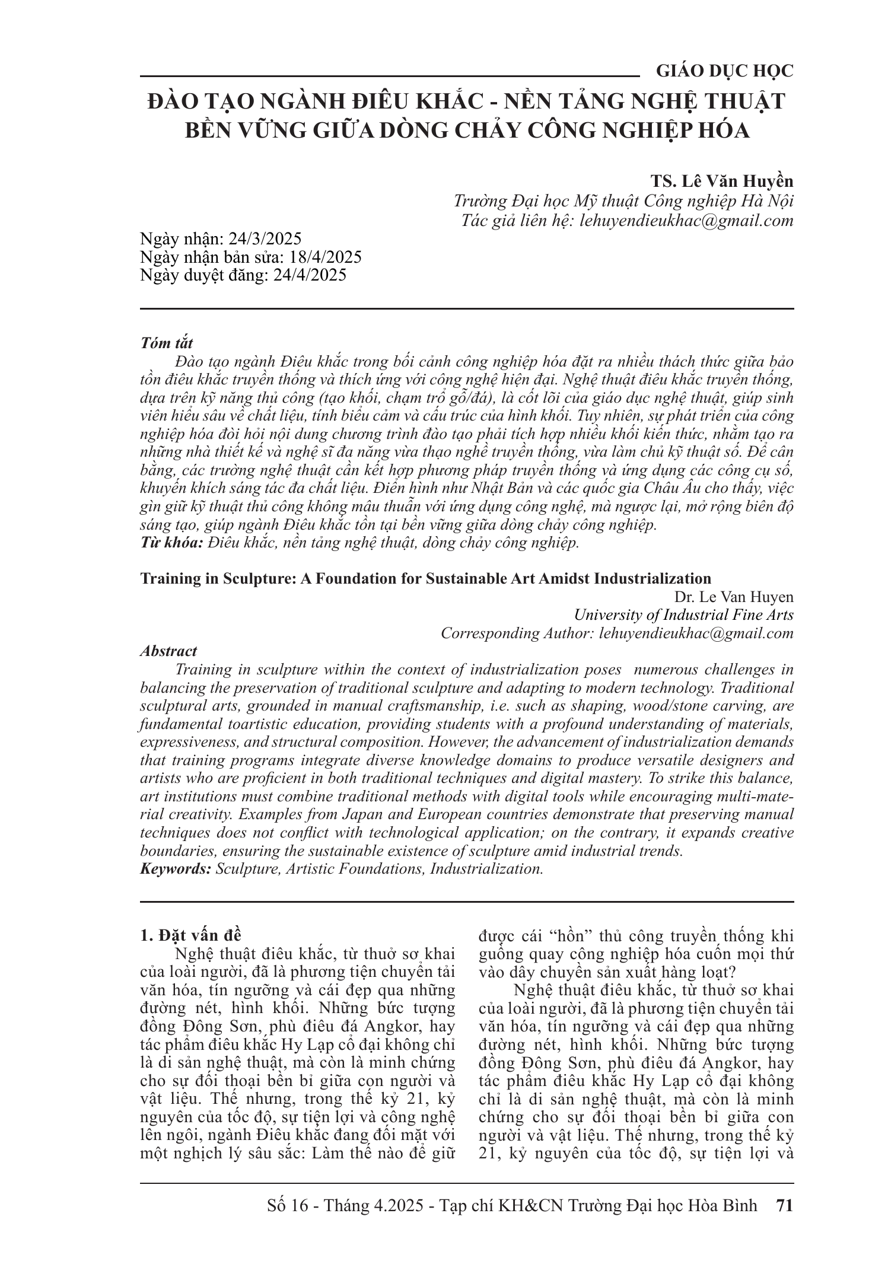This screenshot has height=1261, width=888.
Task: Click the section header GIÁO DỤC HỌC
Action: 724,72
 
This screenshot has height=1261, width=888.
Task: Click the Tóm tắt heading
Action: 166,343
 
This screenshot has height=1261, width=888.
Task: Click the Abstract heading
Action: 168,651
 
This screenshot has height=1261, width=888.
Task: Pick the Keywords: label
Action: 176,870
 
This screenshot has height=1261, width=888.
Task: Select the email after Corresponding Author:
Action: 696,633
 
